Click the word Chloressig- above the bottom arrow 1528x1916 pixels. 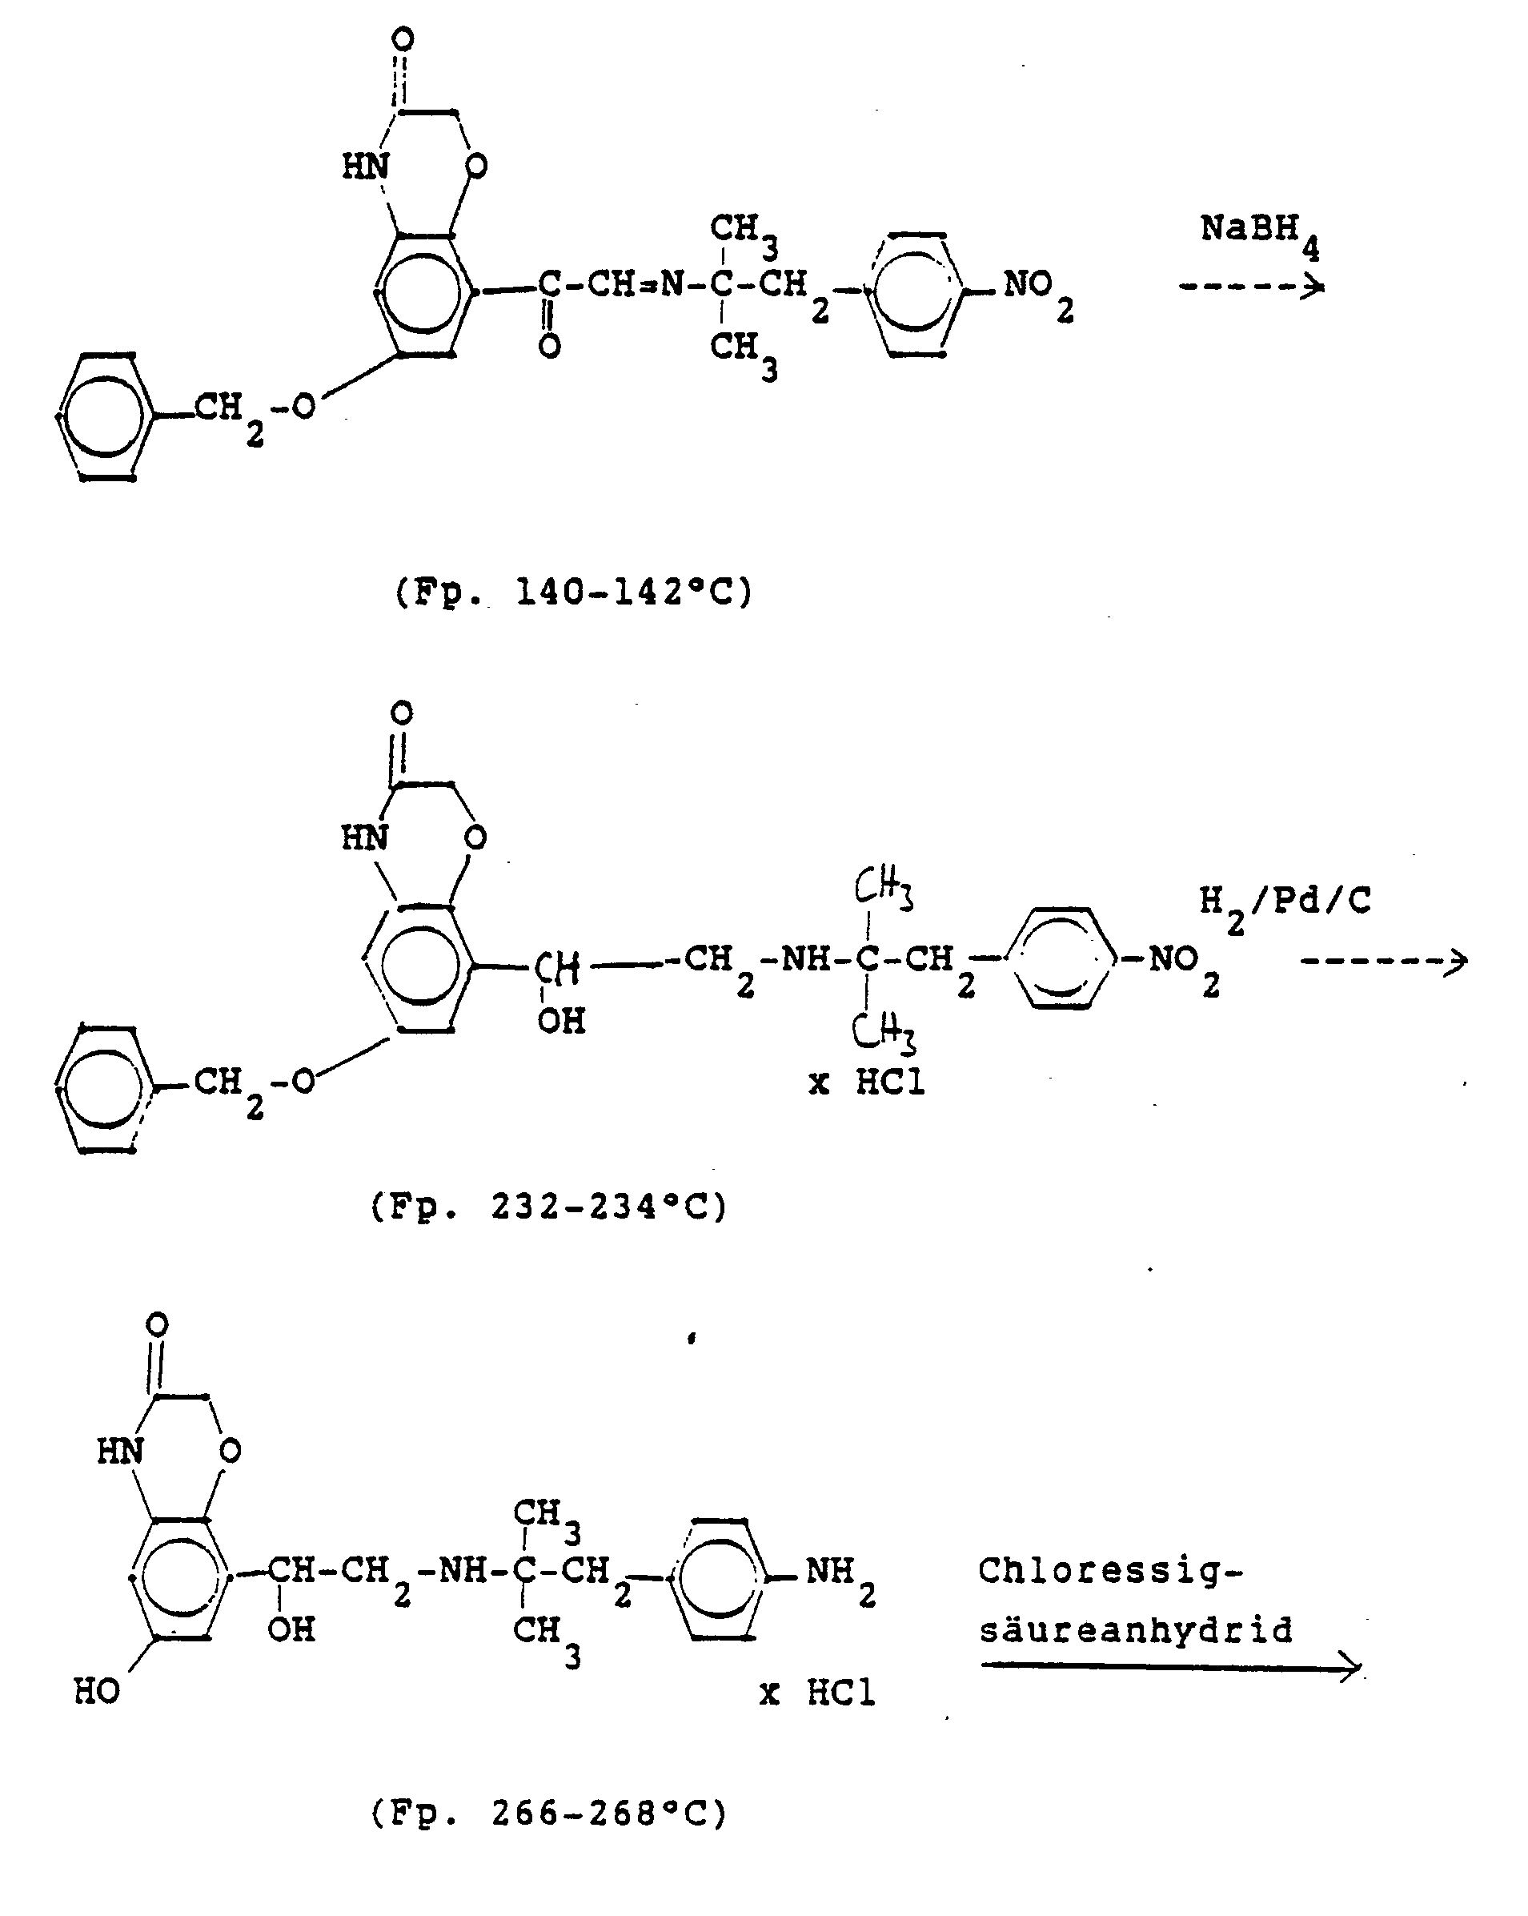[x=1110, y=1570]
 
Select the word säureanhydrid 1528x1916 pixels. [x=1135, y=1630]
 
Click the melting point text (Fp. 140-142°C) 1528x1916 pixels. [x=573, y=592]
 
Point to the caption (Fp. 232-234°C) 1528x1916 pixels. [x=549, y=1207]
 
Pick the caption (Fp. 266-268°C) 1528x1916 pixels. [x=549, y=1813]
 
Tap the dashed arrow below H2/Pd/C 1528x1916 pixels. [x=1383, y=961]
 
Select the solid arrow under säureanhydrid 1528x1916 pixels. [x=1170, y=1667]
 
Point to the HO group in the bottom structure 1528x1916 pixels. [x=97, y=1691]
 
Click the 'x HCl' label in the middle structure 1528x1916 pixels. [x=867, y=1083]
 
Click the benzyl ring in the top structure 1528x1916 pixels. [x=105, y=416]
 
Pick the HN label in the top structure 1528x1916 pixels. [x=365, y=167]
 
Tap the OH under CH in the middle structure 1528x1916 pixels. [x=561, y=1021]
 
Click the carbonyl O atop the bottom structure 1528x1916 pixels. [x=156, y=1325]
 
